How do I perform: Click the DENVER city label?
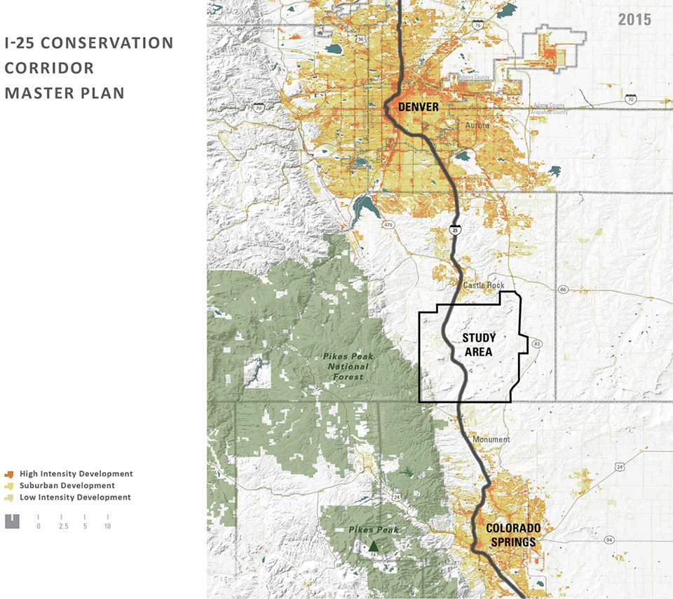tap(419, 107)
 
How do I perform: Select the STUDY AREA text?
tap(479, 344)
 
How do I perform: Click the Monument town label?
tap(491, 440)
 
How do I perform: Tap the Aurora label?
tap(478, 126)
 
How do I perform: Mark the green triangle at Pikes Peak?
tap(374, 546)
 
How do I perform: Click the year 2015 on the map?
tap(634, 19)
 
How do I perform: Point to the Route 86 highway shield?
tap(563, 289)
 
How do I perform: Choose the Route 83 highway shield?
tap(537, 344)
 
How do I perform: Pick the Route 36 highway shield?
tap(360, 40)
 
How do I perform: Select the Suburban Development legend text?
tap(67, 485)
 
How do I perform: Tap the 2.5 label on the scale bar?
tap(62, 526)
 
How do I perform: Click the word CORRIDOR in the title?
tap(49, 68)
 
